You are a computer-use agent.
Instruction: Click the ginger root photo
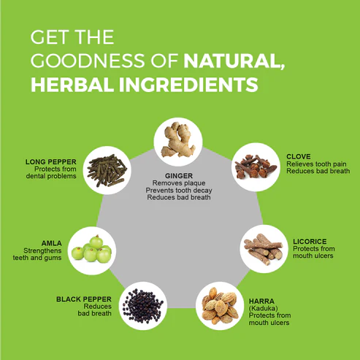[178, 140]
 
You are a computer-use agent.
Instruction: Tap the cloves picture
[256, 167]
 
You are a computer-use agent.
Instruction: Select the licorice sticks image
[264, 249]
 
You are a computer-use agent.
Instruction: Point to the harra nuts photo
[220, 306]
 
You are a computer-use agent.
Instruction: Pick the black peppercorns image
[143, 306]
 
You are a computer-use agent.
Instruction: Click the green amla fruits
[91, 249]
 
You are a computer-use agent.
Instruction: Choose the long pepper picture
[107, 170]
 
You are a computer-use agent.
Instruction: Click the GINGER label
[179, 176]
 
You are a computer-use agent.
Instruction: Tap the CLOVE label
[299, 156]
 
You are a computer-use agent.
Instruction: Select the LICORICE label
[310, 242]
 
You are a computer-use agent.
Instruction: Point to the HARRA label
[261, 301]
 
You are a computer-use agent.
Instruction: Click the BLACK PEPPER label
[84, 299]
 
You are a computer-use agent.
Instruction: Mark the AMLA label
[52, 243]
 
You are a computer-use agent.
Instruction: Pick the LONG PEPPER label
[51, 162]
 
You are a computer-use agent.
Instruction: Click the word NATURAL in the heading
[234, 61]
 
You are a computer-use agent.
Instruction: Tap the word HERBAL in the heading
[72, 85]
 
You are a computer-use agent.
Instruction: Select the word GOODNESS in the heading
[88, 61]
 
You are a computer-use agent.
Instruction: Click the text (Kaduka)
[263, 308]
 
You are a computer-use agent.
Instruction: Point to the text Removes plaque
[179, 183]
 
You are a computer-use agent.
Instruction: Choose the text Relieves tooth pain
[316, 164]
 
